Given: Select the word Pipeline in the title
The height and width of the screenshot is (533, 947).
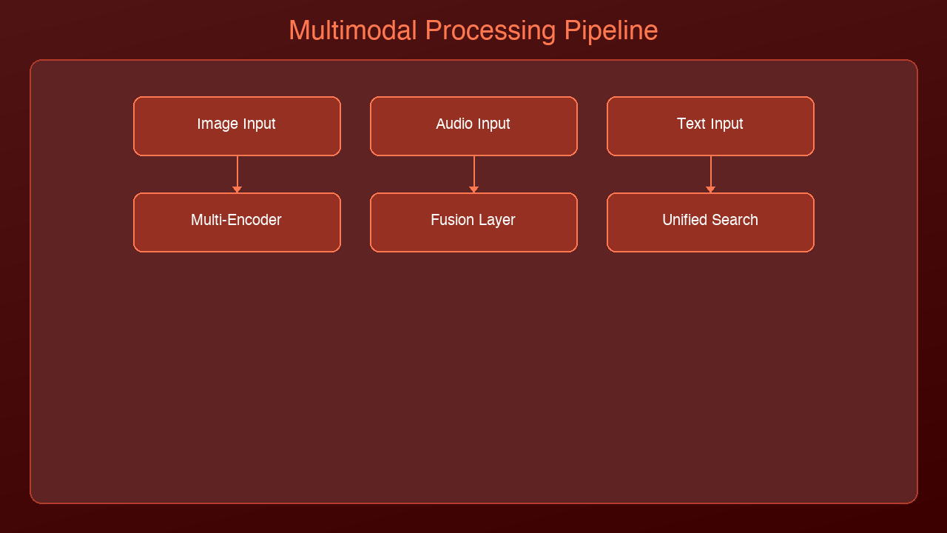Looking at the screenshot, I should (x=610, y=31).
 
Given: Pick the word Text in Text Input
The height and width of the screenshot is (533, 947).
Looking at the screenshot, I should (x=690, y=124).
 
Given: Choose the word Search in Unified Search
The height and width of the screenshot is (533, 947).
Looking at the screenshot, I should (x=735, y=220).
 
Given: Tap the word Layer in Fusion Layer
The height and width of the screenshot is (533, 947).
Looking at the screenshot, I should (x=496, y=220).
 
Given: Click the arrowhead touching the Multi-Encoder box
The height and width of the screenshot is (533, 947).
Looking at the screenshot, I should (x=237, y=190).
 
